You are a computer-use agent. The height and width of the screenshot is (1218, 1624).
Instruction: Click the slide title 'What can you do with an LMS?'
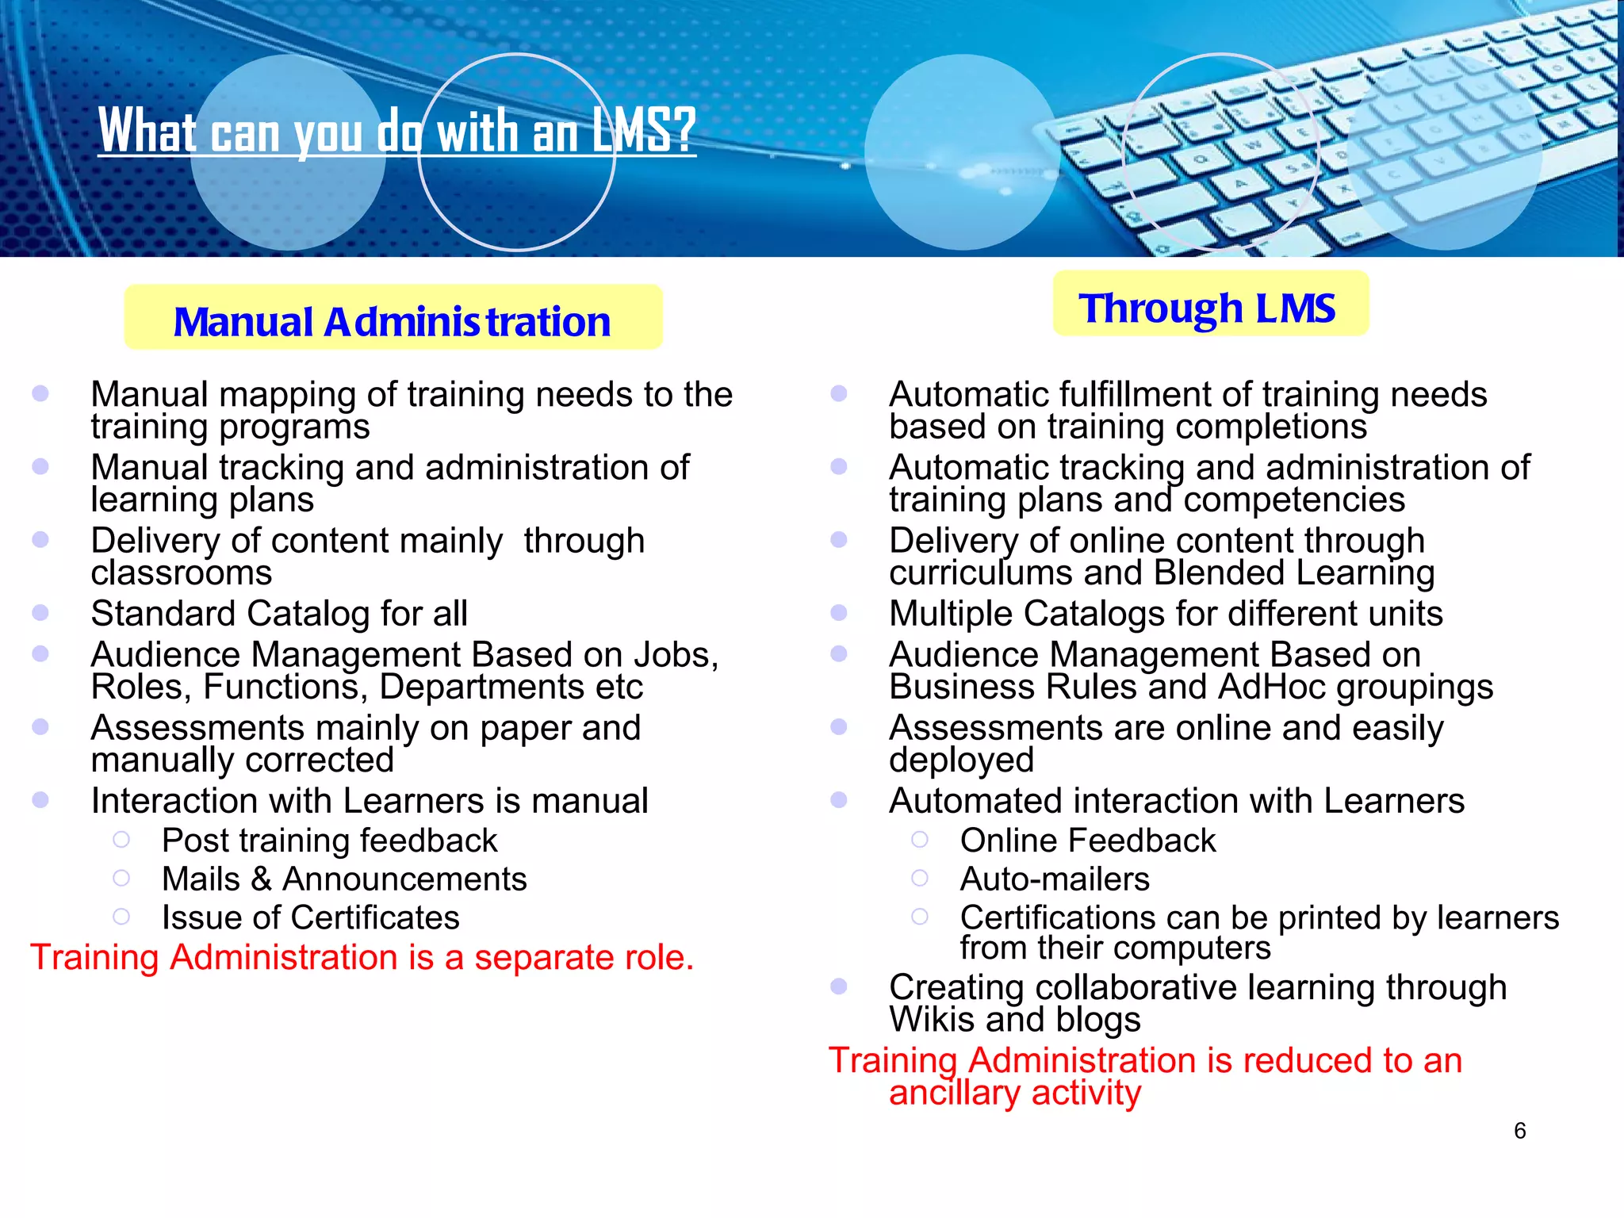396,131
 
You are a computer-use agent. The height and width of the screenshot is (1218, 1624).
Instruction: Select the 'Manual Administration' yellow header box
393,318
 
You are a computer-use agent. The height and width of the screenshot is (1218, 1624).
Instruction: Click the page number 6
1519,1131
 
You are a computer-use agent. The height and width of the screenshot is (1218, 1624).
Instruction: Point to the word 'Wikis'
931,1020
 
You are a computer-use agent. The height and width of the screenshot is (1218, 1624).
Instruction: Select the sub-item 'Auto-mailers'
1055,879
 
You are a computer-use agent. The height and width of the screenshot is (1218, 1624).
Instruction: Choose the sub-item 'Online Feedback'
1087,841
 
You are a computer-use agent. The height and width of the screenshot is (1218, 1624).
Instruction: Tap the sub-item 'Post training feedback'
329,841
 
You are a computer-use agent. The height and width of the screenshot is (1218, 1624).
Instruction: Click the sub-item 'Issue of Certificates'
310,917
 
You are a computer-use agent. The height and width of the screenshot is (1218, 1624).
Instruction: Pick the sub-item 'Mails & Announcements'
344,879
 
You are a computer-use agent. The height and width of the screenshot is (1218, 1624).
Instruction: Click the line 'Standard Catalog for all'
279,614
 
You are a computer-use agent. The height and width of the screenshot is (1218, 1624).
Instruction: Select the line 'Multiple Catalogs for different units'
1166,614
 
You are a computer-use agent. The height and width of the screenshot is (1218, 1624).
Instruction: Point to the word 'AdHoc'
1272,687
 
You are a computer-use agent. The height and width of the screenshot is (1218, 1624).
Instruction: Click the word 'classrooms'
182,573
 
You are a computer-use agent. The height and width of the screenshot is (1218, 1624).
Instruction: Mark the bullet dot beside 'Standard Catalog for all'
40,613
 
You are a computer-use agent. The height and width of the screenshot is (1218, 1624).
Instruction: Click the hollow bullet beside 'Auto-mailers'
920,878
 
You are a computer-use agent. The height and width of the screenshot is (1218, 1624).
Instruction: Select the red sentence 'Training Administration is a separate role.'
362,957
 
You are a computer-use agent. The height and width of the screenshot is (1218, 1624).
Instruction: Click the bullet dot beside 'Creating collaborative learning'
839,986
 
